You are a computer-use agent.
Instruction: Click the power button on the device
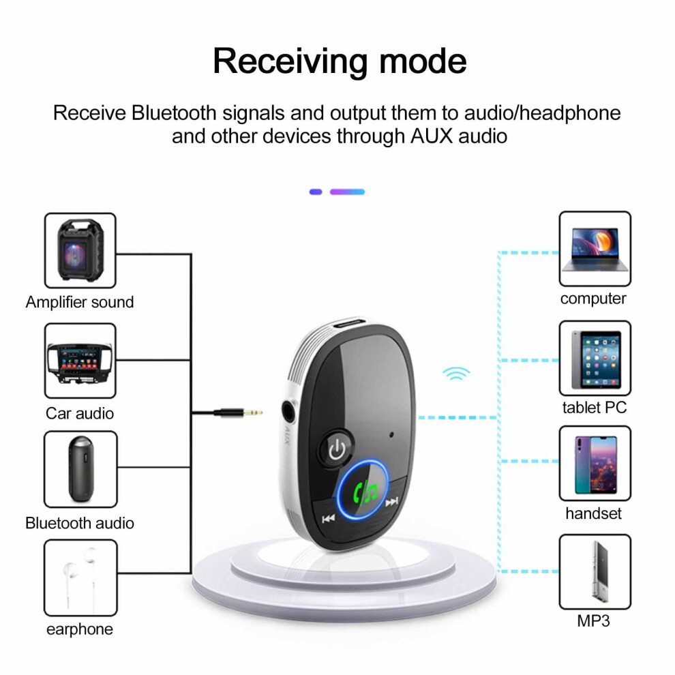pos(337,450)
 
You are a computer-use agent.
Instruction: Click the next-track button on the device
pos(391,502)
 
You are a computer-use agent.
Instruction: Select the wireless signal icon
pos(456,373)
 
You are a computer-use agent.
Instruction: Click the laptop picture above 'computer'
pos(595,250)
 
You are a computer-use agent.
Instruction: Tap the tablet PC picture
pos(596,359)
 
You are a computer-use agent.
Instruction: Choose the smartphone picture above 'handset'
pos(596,465)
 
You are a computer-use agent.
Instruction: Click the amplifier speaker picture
pos(80,250)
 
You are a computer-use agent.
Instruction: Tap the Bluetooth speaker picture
pos(81,469)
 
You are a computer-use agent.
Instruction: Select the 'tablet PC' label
pos(595,408)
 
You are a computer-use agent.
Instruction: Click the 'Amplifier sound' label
pos(80,302)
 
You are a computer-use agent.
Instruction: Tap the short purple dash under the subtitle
pos(316,192)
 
